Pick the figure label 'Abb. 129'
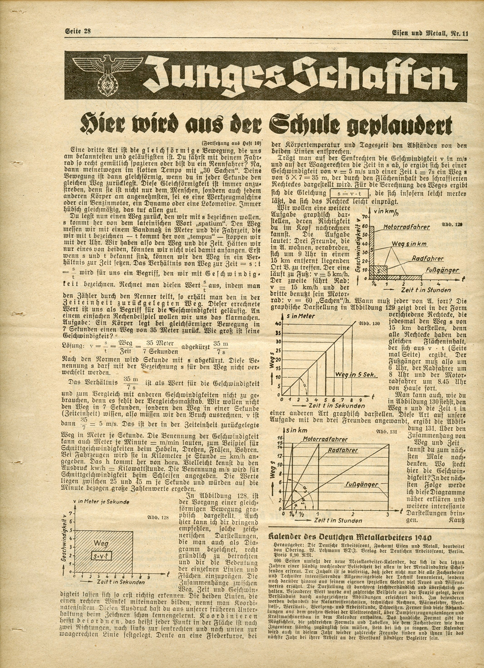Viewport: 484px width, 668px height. tap(452, 224)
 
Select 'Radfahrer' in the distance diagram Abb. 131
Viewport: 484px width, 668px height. tap(342, 450)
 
